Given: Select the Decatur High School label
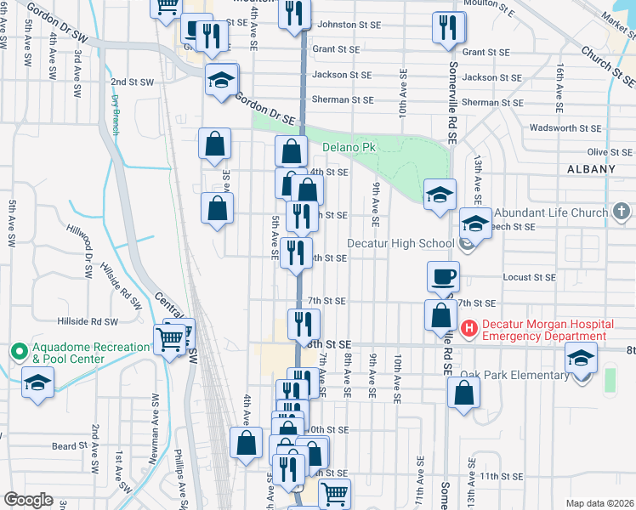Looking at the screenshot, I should pos(412,243).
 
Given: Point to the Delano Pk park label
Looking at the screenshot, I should pos(349,147).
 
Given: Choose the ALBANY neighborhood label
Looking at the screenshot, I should pos(591,169).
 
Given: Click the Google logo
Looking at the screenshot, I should pos(28,500).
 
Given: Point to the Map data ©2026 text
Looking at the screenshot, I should pos(599,503).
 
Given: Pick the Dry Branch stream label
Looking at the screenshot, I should pos(116,115).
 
